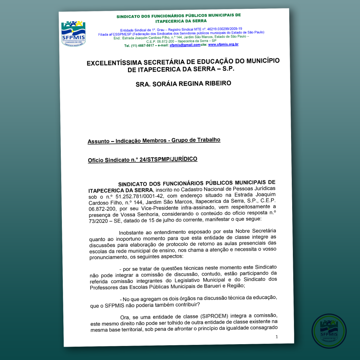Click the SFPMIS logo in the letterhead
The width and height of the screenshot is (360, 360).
pos(73,33)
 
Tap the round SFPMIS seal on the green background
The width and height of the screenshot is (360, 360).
pos(329,331)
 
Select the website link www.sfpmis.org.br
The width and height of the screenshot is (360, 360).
pos(223,45)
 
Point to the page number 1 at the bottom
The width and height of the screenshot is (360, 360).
pos(277,336)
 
